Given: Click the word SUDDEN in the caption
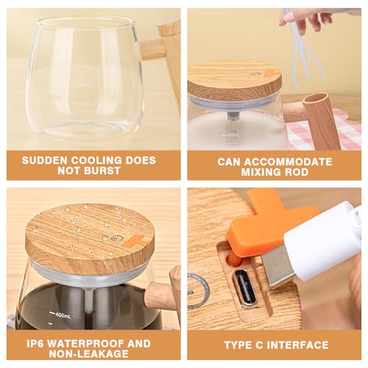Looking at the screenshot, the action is pos(44,160).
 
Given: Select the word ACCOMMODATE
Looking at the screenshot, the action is pos(288,162).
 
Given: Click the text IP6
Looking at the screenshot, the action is pos(35,344).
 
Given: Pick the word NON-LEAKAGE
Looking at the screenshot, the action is pos(89,354).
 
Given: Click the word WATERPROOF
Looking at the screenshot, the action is pos(85,344).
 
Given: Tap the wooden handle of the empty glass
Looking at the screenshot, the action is pos(164,53).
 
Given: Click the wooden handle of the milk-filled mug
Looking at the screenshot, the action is pos(316,118).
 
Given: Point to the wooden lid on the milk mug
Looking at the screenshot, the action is pos(235,79).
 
